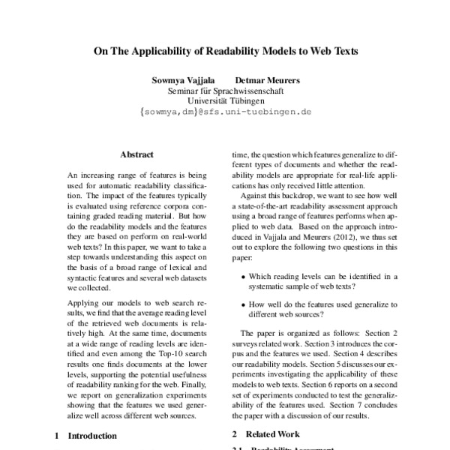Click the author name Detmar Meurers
click(x=268, y=79)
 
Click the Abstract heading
click(x=137, y=154)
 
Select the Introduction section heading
click(x=92, y=435)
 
